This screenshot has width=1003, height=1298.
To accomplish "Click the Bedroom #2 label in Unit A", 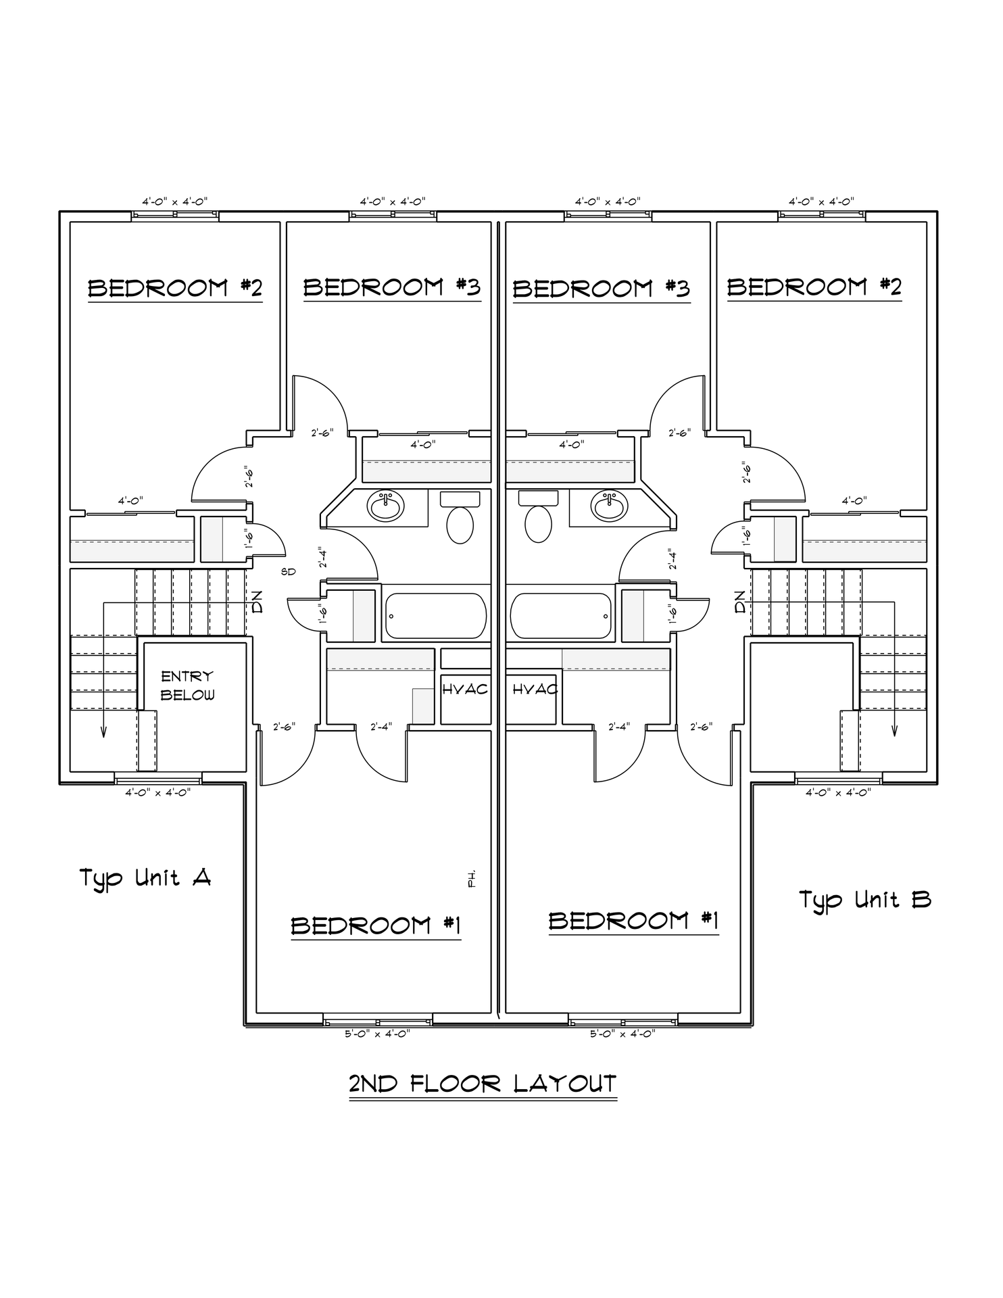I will pyautogui.click(x=175, y=289).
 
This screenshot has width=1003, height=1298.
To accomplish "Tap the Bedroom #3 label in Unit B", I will pyautogui.click(x=601, y=289).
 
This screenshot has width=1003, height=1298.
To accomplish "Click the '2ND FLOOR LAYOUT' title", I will pyautogui.click(x=483, y=1084).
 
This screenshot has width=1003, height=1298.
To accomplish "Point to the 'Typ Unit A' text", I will pyautogui.click(x=145, y=878).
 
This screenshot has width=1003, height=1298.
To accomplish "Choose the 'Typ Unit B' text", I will pyautogui.click(x=865, y=900).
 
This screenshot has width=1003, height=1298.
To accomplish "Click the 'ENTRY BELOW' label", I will pyautogui.click(x=187, y=685).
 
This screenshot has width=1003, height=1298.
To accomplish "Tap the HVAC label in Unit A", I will pyautogui.click(x=465, y=690).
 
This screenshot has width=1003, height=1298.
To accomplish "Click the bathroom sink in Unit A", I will pyautogui.click(x=385, y=506).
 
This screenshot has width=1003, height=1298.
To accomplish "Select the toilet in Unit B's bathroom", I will pyautogui.click(x=538, y=525).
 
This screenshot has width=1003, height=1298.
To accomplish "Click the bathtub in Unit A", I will pyautogui.click(x=435, y=616).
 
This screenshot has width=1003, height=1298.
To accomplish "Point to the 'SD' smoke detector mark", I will pyautogui.click(x=289, y=572).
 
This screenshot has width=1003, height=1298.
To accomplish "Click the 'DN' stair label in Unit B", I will pyautogui.click(x=741, y=602).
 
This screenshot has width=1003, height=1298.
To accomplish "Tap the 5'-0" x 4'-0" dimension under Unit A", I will pyautogui.click(x=377, y=1033).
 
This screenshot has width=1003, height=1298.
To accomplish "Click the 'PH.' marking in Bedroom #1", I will pyautogui.click(x=471, y=878).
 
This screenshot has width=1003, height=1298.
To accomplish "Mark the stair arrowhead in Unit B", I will pyautogui.click(x=895, y=730).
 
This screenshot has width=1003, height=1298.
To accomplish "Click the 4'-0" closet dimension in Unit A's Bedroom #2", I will pyautogui.click(x=130, y=501).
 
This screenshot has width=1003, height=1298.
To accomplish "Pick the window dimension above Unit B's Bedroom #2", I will pyautogui.click(x=821, y=201).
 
